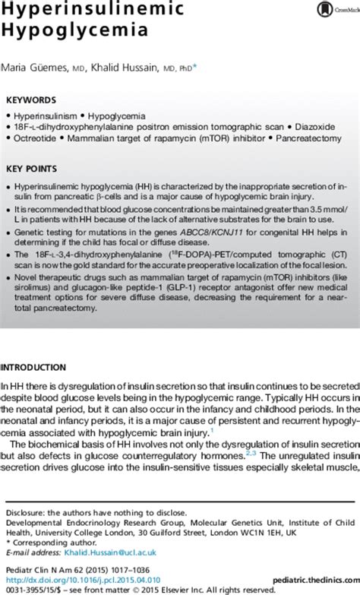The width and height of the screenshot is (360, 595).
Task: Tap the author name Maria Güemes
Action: pyautogui.click(x=37, y=68)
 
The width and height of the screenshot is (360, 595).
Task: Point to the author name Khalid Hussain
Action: pyautogui.click(x=141, y=68)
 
